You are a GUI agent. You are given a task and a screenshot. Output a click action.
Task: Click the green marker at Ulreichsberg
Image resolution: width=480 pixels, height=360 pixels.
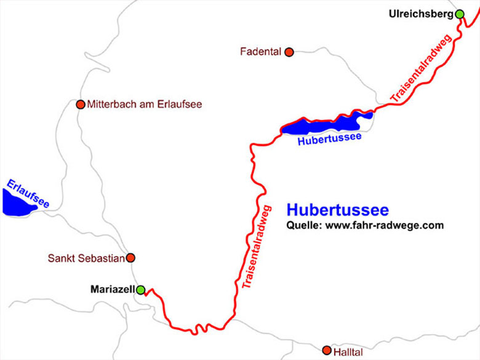click(459, 14)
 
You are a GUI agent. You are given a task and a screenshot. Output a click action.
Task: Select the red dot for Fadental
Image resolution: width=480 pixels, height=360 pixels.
click(289, 52)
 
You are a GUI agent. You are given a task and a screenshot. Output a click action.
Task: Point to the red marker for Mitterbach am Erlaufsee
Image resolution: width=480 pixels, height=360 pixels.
click(80, 105)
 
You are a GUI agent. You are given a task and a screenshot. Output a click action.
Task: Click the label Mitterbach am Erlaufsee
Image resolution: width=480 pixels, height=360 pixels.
click(145, 105)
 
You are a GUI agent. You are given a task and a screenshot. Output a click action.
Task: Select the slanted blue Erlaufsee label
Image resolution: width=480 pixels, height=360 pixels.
click(28, 193)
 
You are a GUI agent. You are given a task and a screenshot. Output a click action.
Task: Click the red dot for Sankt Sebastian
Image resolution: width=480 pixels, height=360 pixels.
click(130, 258)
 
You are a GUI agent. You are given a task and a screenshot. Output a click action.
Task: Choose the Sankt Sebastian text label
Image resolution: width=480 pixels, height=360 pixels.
click(86, 258)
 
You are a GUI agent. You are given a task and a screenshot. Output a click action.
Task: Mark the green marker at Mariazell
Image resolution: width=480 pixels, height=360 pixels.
click(140, 289)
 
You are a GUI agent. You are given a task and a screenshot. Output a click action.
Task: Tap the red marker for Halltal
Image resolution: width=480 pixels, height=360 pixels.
click(327, 350)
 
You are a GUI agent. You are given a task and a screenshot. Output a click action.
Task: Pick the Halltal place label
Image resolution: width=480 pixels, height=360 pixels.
click(348, 352)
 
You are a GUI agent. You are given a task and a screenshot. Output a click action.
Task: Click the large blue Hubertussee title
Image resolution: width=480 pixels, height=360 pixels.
click(337, 210)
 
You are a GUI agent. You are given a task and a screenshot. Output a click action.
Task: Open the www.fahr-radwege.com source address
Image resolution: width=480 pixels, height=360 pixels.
click(384, 225)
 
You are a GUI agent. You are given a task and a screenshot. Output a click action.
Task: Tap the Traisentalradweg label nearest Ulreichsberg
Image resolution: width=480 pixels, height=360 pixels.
click(422, 69)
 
